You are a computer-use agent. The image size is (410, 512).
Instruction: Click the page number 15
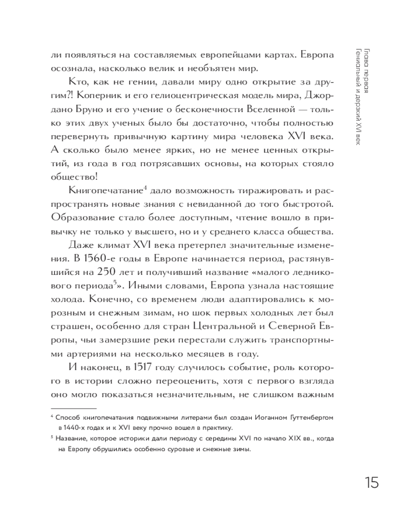(x=372, y=482)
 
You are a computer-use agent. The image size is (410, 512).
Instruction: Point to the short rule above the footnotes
(x=68, y=408)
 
